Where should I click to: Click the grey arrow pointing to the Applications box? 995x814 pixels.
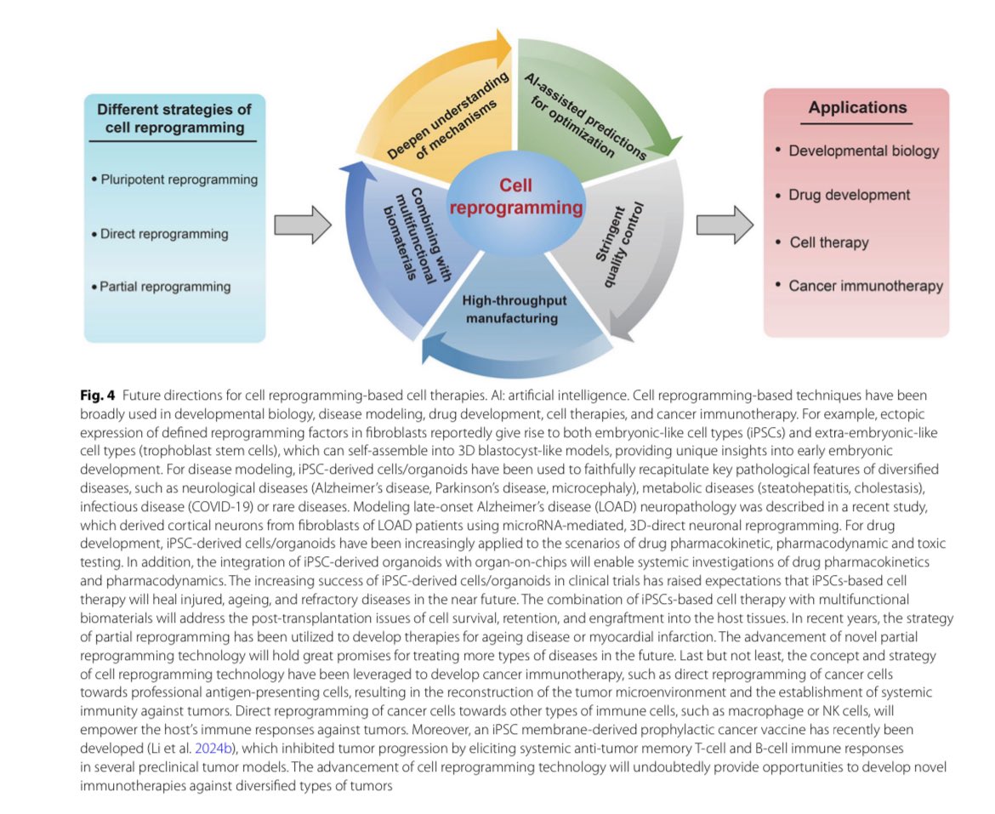(725, 225)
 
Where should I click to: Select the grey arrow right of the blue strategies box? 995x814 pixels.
(303, 225)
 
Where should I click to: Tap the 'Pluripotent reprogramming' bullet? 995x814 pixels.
(174, 179)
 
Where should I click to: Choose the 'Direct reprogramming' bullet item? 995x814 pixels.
(160, 233)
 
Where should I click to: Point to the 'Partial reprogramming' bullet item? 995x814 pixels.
(162, 287)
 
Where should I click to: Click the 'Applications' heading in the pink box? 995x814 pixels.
(857, 108)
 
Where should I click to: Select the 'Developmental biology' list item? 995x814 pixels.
(857, 151)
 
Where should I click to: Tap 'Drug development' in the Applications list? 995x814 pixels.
(843, 195)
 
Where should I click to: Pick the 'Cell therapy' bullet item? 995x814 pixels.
(822, 242)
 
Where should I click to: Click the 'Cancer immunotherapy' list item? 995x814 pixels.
(859, 286)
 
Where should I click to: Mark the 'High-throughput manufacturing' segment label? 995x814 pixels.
(514, 309)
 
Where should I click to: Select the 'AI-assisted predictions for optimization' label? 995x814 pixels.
(584, 117)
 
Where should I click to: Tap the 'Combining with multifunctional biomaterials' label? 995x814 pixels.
(416, 234)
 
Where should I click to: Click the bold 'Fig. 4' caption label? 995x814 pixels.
(97, 396)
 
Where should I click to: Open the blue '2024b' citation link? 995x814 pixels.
(213, 748)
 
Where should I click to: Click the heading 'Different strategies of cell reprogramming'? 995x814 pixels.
(173, 118)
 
